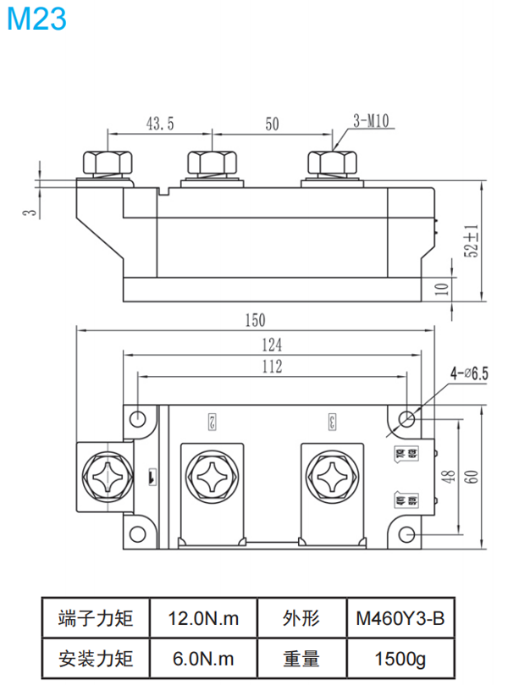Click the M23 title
click(36, 19)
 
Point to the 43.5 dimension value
click(160, 124)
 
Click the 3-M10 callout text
click(369, 121)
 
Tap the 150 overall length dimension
click(255, 320)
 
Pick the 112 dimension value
click(272, 367)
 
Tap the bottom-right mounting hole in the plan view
click(407, 534)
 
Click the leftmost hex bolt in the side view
click(107, 163)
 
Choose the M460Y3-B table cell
click(400, 619)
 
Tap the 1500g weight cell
click(400, 658)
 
